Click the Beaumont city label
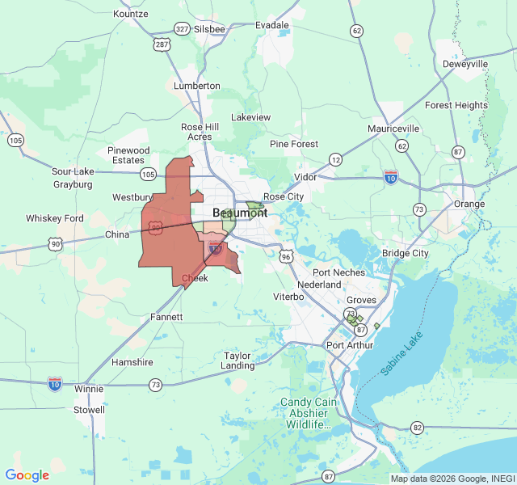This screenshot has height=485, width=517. pyautogui.click(x=240, y=213)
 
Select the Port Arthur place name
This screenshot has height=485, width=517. pyautogui.click(x=351, y=345)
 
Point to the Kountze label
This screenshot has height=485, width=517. pyautogui.click(x=131, y=14)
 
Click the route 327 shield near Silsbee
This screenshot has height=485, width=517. pyautogui.click(x=182, y=28)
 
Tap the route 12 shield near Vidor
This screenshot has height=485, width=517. pyautogui.click(x=335, y=160)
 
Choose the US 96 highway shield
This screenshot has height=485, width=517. pyautogui.click(x=287, y=255)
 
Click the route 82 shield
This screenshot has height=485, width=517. pyautogui.click(x=417, y=426)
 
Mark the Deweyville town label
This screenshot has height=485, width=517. pyautogui.click(x=465, y=64)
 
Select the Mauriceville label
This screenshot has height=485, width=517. pyautogui.click(x=393, y=129)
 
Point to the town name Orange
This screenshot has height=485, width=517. pyautogui.click(x=469, y=204)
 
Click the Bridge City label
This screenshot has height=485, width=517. pyautogui.click(x=406, y=253)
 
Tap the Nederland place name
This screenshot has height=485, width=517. pyautogui.click(x=319, y=285)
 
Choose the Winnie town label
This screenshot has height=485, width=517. pyautogui.click(x=89, y=389)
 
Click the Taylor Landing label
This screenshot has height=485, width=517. pyautogui.click(x=238, y=361)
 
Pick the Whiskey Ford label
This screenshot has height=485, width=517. pyautogui.click(x=55, y=218)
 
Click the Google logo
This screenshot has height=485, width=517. pyautogui.click(x=27, y=475)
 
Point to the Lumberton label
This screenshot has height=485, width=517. pyautogui.click(x=197, y=86)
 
